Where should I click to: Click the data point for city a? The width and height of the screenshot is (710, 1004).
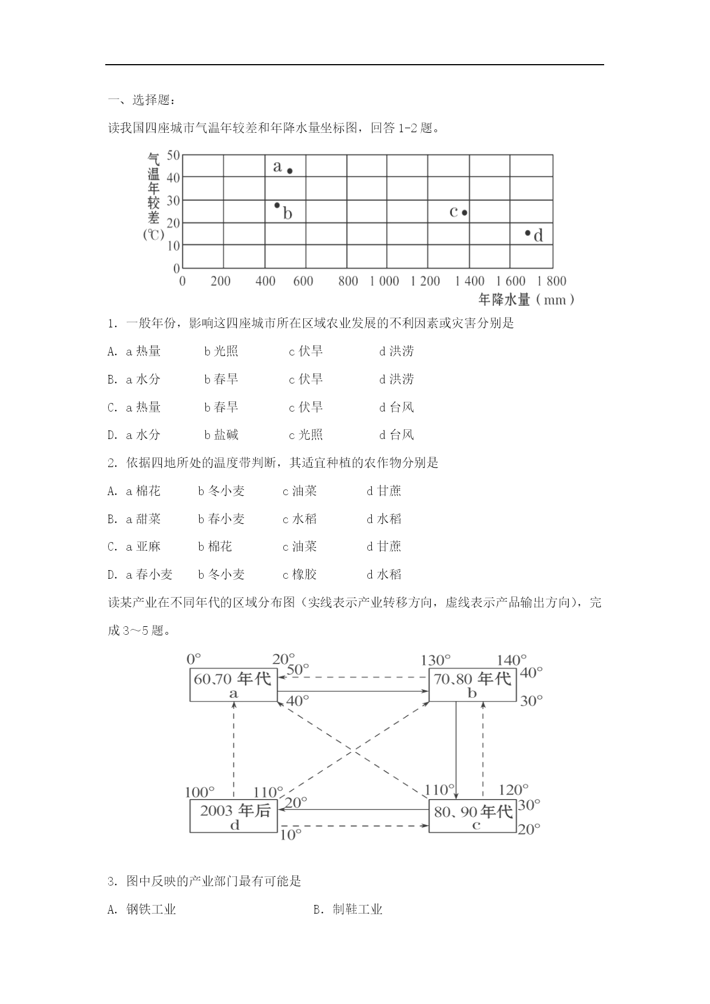[290, 171]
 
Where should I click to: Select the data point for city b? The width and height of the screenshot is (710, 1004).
[277, 205]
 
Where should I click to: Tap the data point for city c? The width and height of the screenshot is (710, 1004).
[465, 212]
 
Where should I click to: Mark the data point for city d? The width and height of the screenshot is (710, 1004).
[527, 233]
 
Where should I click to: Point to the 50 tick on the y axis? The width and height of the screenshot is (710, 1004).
[173, 155]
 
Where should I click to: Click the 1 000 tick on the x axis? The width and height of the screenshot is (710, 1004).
[384, 281]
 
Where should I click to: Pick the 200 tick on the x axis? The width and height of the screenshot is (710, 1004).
[220, 281]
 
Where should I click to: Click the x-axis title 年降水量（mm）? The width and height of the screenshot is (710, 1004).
[526, 299]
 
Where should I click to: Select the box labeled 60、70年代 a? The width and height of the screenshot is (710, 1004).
[233, 685]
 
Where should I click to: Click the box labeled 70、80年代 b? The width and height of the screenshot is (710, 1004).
[472, 685]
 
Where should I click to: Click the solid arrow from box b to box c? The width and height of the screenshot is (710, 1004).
[455, 750]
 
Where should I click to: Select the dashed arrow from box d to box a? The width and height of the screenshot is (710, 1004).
[233, 750]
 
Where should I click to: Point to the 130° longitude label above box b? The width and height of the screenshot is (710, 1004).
[435, 661]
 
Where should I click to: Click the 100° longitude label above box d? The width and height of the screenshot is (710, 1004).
[200, 792]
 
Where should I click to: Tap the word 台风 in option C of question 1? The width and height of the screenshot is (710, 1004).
[401, 407]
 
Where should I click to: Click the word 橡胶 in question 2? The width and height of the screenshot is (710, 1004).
[304, 574]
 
